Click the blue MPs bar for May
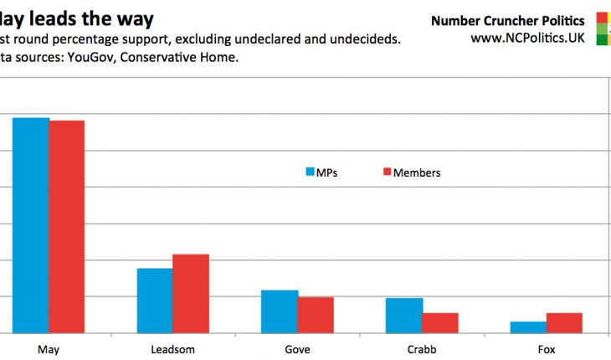[30, 225]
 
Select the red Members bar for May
[66, 227]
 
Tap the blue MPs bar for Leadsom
[155, 301]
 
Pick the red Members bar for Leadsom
[191, 294]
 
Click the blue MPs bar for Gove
[280, 311]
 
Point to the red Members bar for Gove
[316, 315]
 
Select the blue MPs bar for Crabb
[404, 316]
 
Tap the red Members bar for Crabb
[440, 323]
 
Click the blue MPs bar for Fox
[528, 327]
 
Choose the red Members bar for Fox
[564, 323]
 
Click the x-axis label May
[48, 349]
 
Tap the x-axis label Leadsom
[172, 349]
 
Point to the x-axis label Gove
[297, 349]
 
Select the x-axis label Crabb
[422, 349]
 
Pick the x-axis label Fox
[547, 349]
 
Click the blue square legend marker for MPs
[310, 172]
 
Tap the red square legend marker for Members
[387, 172]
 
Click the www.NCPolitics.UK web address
[527, 39]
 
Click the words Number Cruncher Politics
[508, 20]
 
